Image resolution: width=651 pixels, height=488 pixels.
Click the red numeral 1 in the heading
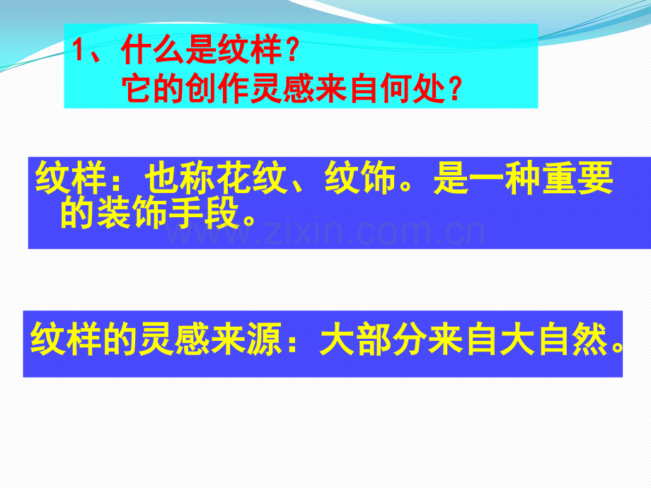coord(79,52)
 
